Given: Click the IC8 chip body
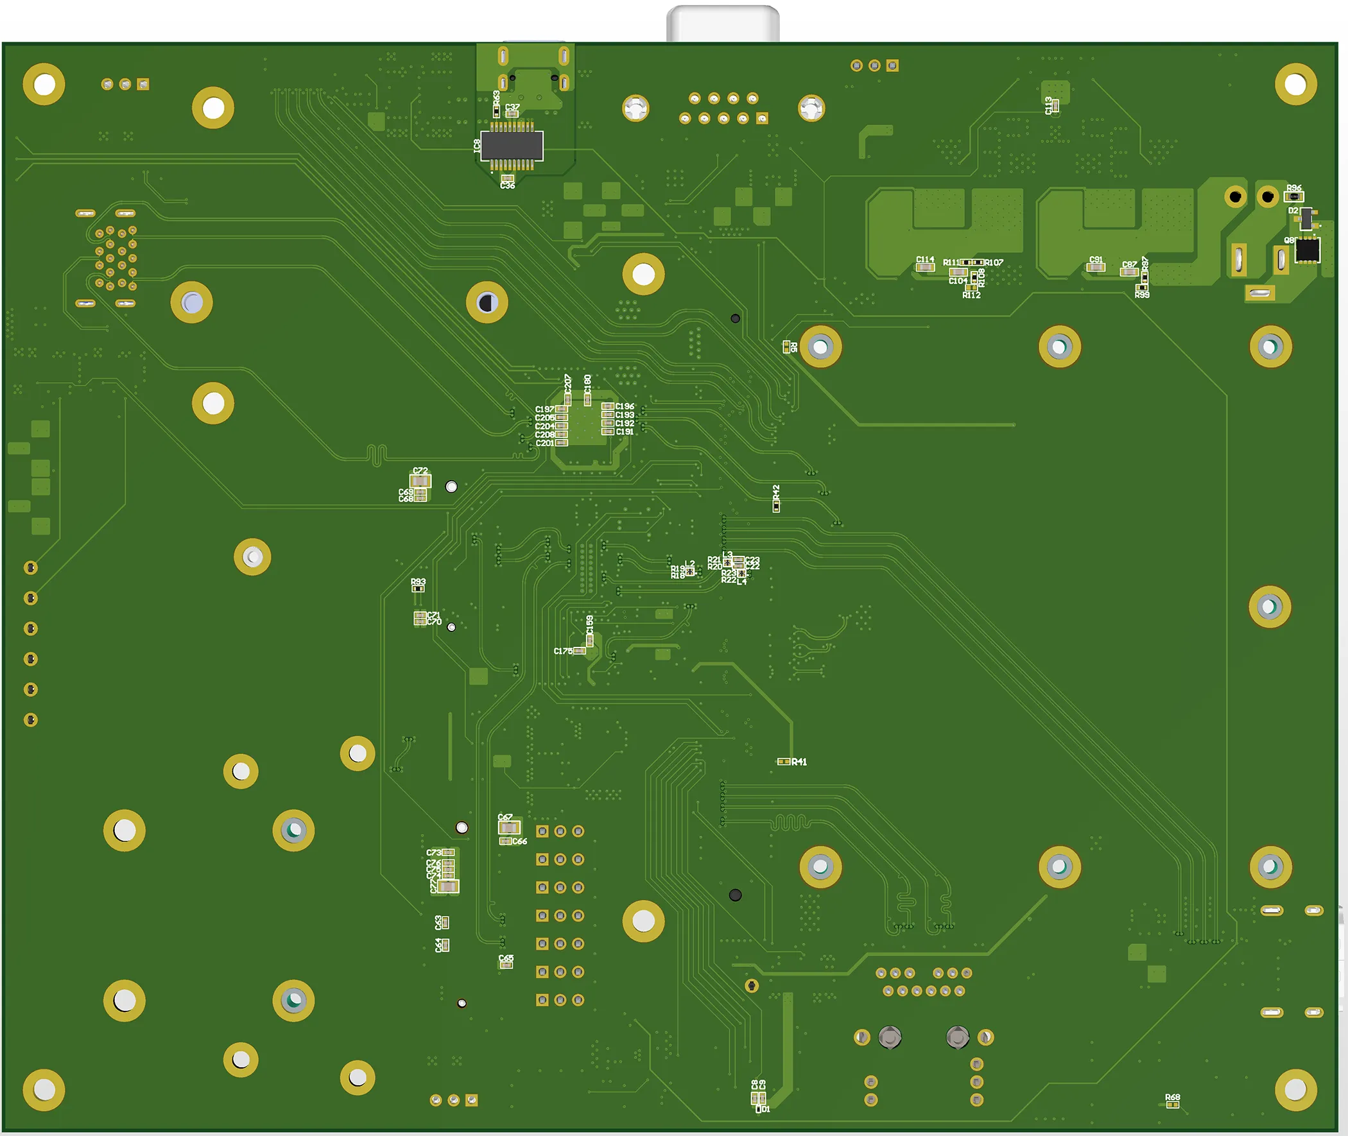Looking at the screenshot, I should (512, 146).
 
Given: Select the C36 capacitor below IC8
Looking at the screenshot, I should (508, 178).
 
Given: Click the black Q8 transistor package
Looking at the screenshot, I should (1307, 250).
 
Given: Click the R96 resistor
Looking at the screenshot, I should (1293, 196).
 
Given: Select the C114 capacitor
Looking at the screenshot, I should (925, 266).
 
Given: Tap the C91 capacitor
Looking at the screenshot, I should (1096, 266).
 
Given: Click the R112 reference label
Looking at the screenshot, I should (971, 296).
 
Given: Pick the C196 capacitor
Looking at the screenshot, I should (607, 406).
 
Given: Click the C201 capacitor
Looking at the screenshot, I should (562, 442).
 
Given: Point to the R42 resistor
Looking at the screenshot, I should (776, 506).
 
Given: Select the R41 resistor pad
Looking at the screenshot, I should (783, 761).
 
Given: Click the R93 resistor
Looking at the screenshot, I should (418, 588).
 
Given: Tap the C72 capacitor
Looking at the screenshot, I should (420, 481).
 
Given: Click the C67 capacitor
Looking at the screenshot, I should (508, 827).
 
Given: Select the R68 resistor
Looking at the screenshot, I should (1172, 1105).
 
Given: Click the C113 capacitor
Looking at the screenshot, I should (1055, 107).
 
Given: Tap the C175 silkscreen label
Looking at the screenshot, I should (562, 651).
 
